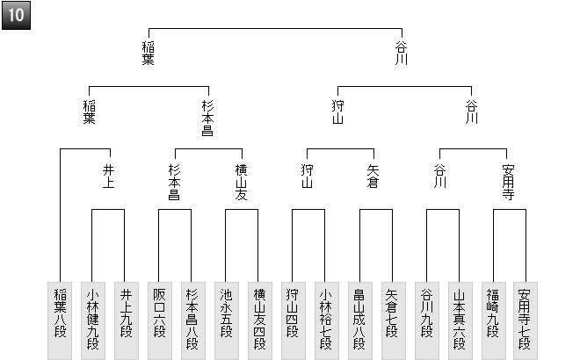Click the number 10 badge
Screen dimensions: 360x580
pos(16,16)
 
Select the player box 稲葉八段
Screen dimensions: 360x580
pos(60,320)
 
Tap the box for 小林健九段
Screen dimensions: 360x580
pos(93,320)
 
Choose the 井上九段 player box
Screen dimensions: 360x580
pos(126,320)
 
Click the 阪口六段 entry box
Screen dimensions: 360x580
pos(158,320)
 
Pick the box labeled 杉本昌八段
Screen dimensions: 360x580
pos(192,320)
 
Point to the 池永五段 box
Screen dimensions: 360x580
pos(226,320)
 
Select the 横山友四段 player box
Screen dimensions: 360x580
pos(258,320)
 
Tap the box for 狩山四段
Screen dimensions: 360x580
pos(293,320)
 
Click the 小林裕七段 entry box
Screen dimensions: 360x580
pos(325,320)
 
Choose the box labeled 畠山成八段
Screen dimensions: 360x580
pos(359,320)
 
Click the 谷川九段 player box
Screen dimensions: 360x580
pos(426,320)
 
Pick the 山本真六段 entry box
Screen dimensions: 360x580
pos(459,320)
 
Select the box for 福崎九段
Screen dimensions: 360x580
pos(492,320)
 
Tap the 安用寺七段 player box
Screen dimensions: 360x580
pos(525,320)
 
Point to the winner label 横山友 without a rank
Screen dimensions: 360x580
pos(242,182)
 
